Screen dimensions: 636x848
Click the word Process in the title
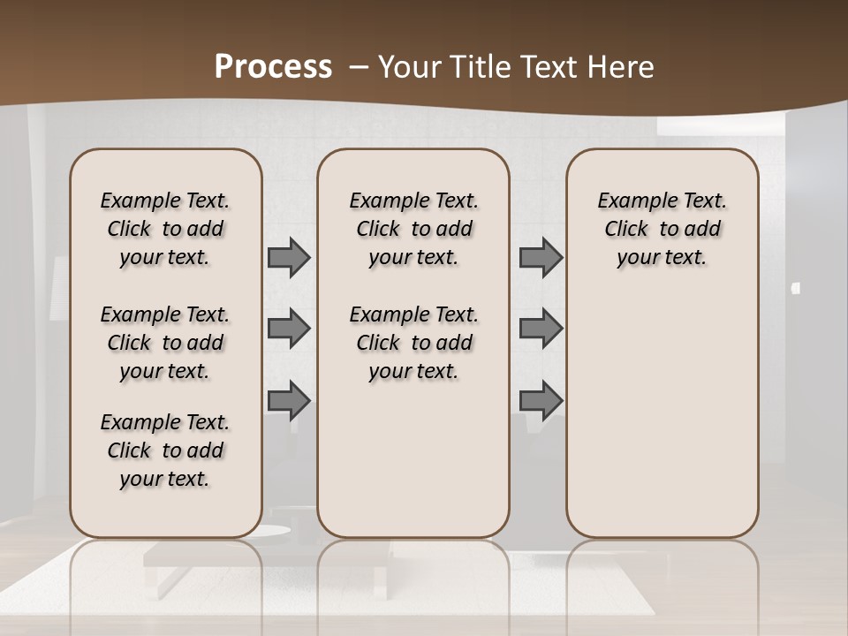273,67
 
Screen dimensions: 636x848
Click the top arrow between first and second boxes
289,258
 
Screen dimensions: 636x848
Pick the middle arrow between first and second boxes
289,329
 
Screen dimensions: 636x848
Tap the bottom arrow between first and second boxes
289,401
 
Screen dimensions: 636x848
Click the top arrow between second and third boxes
541,258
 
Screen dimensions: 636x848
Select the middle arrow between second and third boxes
541,329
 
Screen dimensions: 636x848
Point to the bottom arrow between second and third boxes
541,401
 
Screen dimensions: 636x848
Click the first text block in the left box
165,229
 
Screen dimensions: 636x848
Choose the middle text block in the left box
165,343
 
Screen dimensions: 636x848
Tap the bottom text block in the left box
165,450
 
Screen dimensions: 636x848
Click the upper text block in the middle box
413,229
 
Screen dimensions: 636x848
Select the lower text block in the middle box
413,343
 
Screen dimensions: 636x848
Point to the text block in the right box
662,229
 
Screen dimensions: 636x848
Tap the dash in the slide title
359,67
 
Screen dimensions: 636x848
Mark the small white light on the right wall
796,288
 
